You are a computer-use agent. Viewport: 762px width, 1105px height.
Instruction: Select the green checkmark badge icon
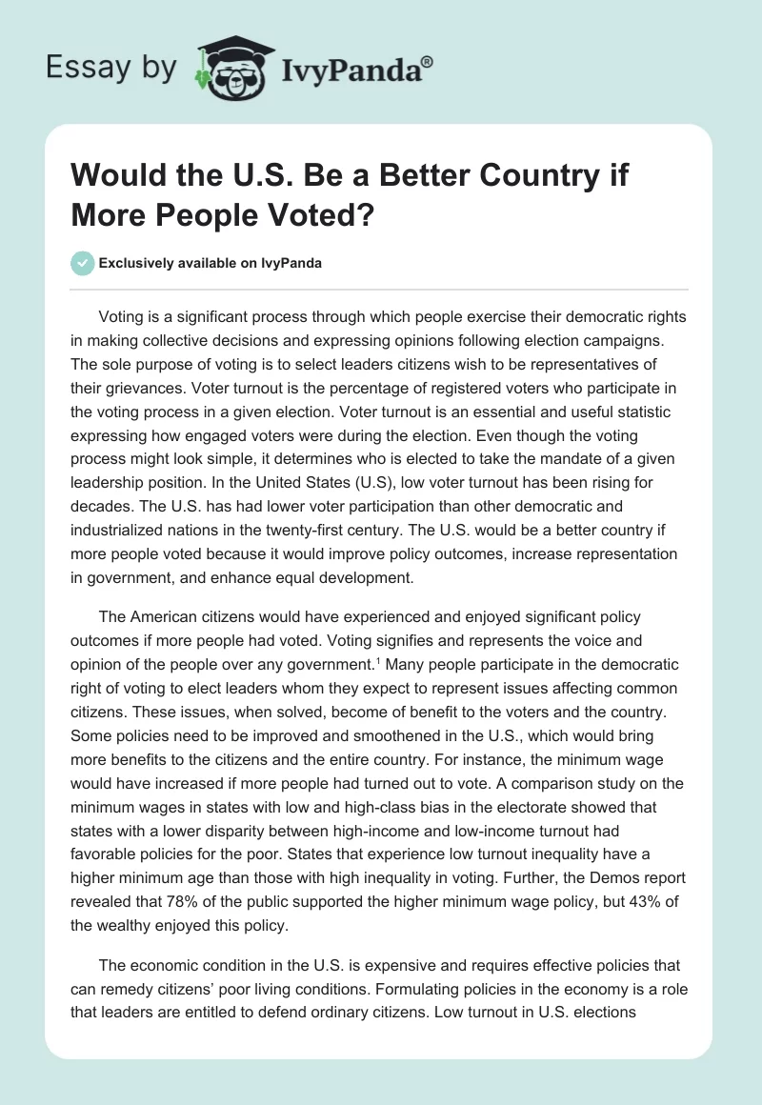tap(84, 264)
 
